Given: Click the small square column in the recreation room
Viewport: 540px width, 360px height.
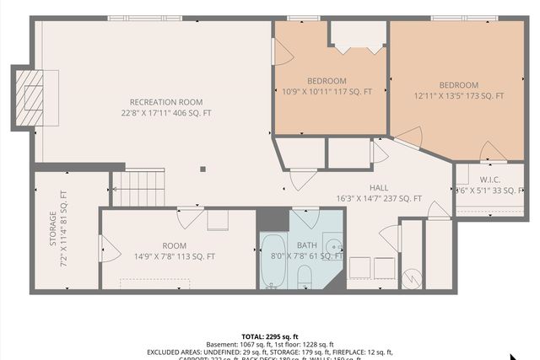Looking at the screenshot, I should [x=202, y=169].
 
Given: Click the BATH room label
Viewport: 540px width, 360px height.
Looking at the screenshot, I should [x=308, y=244].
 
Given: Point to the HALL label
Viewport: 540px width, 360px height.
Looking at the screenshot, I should [x=379, y=188].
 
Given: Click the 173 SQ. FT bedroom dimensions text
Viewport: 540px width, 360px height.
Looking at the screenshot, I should [x=458, y=96].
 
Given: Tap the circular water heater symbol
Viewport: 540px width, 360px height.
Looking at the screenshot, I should [x=412, y=277].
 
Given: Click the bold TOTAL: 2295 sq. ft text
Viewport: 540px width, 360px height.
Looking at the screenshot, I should [x=270, y=335].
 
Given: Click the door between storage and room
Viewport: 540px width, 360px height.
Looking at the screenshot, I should [x=105, y=249].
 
